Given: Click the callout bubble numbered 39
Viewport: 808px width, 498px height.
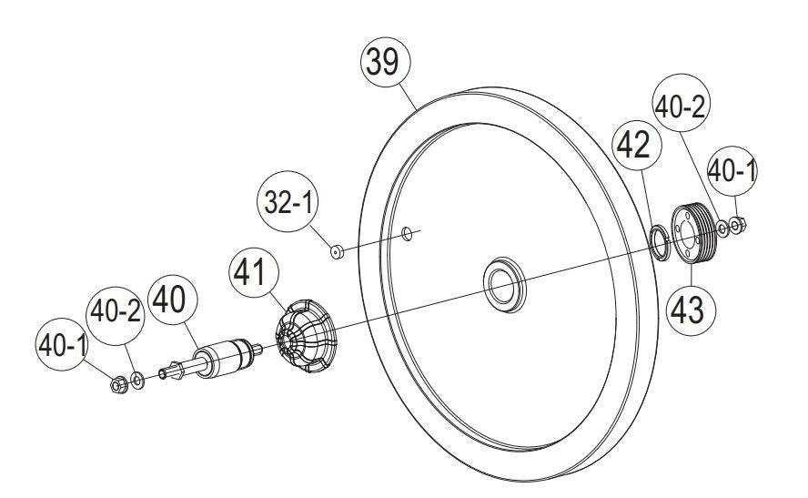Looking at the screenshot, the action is (x=385, y=63).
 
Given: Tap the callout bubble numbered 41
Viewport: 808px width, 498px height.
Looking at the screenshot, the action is (x=253, y=272).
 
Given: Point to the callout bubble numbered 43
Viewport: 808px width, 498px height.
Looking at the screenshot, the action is (x=690, y=310).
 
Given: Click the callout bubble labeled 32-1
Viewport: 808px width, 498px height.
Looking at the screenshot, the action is (x=288, y=201).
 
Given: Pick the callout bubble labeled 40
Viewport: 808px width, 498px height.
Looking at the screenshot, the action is (x=173, y=300).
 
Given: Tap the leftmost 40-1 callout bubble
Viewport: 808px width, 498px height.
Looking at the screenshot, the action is (x=62, y=344).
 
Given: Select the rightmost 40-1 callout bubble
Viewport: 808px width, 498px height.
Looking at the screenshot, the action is (x=732, y=170).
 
